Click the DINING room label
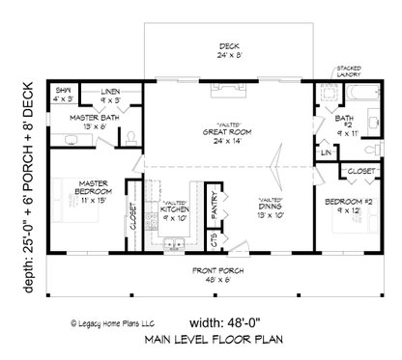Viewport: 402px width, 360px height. (x=271, y=207)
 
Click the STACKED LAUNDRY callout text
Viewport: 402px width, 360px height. (x=350, y=71)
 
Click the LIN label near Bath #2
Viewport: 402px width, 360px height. (x=326, y=152)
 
